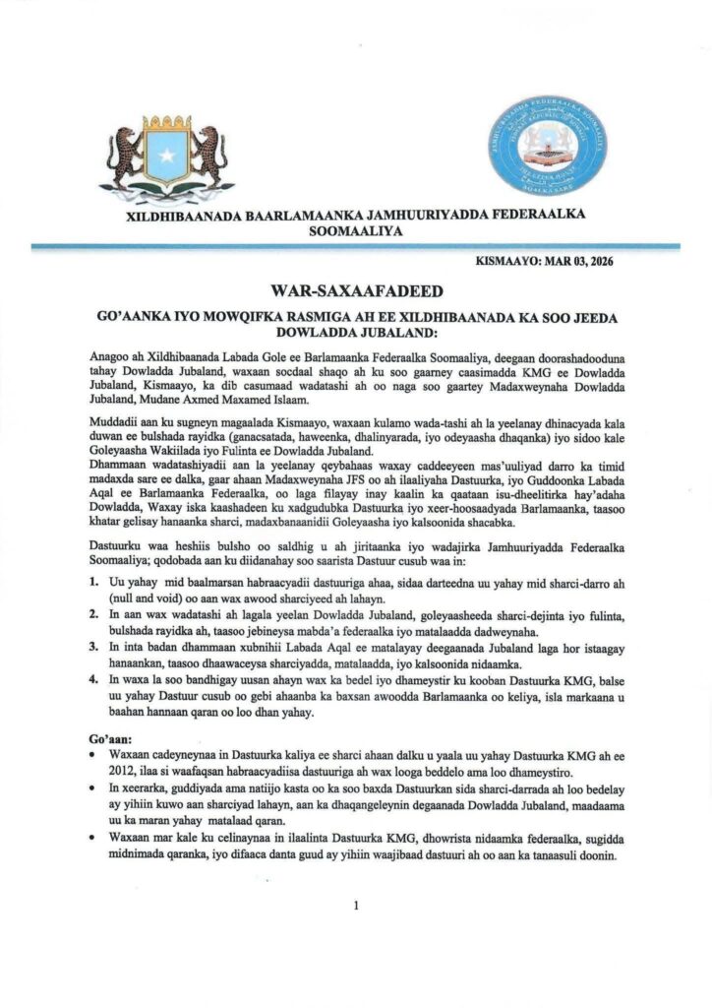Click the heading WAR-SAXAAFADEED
pyautogui.click(x=355, y=291)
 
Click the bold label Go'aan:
pyautogui.click(x=109, y=735)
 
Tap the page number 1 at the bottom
pyautogui.click(x=355, y=906)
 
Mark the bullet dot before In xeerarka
pyautogui.click(x=89, y=790)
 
